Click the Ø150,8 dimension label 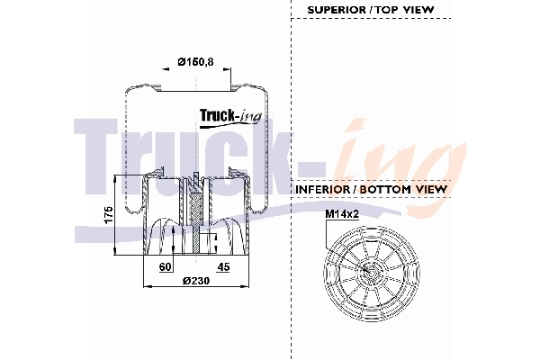coord(197,61)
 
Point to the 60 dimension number coord(165,266)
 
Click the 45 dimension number coord(223,266)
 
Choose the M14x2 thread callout coord(342,214)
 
